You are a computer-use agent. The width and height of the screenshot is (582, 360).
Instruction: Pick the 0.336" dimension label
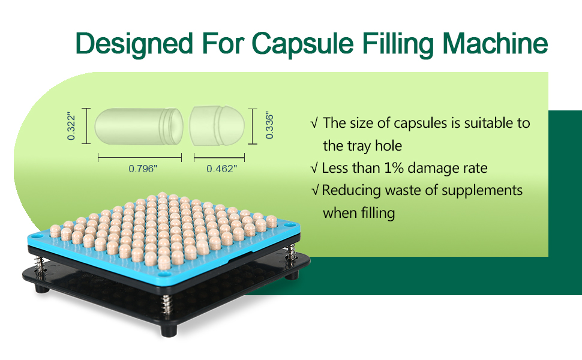(269, 127)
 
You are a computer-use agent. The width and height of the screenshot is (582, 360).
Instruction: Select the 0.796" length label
(143, 169)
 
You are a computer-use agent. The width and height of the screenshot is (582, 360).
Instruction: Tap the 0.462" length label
(221, 169)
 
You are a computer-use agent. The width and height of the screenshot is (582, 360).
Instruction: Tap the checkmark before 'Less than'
(314, 168)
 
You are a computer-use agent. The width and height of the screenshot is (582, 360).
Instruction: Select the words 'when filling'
(359, 212)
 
